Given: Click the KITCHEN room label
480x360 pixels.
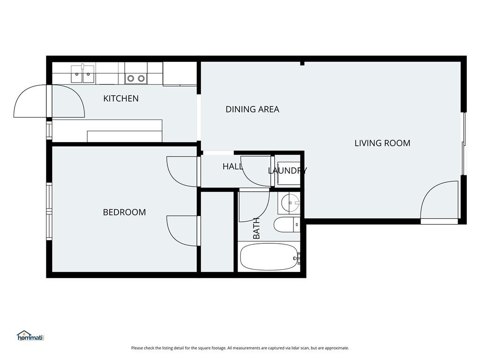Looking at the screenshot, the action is [x=121, y=98].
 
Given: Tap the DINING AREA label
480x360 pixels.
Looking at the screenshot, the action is [x=252, y=109].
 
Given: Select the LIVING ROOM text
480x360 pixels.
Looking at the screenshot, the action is [x=382, y=143].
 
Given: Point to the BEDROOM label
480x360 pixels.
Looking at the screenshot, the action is [x=124, y=212].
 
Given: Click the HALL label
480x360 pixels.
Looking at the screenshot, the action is [x=232, y=166].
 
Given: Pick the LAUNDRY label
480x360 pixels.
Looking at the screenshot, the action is [x=287, y=171].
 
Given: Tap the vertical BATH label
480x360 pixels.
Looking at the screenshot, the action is [x=256, y=228].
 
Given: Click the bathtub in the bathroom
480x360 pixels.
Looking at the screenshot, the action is [x=269, y=256].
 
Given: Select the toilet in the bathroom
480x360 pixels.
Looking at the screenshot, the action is [x=287, y=225].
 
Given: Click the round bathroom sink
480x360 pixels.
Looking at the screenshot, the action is [x=290, y=202].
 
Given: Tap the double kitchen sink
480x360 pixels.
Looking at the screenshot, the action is [x=82, y=74].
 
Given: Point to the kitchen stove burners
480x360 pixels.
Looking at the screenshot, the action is [x=136, y=79].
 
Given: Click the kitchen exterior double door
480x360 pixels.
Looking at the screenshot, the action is [x=49, y=101].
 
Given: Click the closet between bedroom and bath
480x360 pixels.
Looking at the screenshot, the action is [x=217, y=232].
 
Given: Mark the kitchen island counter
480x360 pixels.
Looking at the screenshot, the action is [x=107, y=131].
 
